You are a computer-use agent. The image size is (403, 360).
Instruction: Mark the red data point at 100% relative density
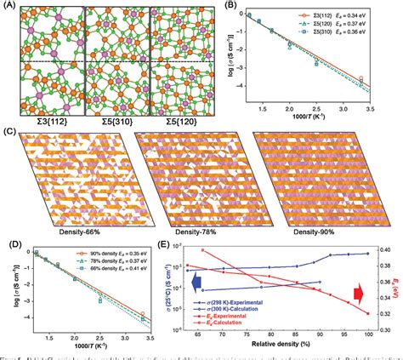coord(369,314)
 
